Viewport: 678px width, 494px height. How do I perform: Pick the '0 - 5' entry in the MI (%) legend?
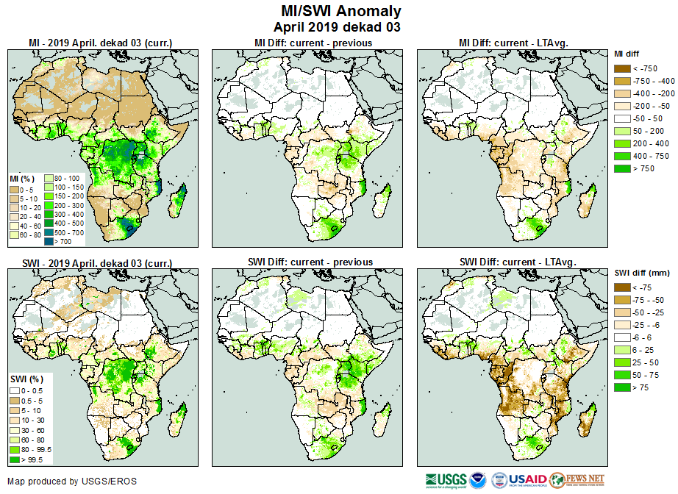point(15,189)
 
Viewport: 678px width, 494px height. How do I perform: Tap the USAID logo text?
point(527,479)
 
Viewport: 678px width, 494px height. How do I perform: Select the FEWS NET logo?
point(577,480)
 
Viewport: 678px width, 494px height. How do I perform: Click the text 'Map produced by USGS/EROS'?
point(72,482)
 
